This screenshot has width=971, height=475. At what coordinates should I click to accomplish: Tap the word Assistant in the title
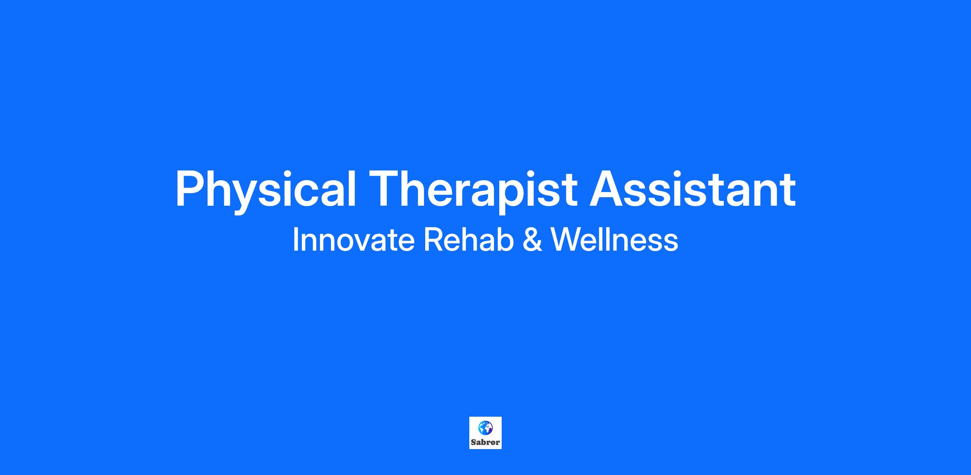point(692,188)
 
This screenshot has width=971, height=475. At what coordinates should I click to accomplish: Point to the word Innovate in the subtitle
point(354,240)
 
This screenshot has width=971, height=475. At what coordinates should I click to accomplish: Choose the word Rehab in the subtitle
point(469,240)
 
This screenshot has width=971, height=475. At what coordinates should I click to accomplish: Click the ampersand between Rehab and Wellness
point(532,240)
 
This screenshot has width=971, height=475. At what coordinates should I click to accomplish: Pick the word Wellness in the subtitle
point(615,240)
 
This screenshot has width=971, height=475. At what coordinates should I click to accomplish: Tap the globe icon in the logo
point(485,428)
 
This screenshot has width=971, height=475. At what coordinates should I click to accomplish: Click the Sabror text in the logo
point(485,443)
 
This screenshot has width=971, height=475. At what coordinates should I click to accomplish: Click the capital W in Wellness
point(568,239)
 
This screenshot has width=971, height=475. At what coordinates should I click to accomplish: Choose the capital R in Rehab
point(433,239)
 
